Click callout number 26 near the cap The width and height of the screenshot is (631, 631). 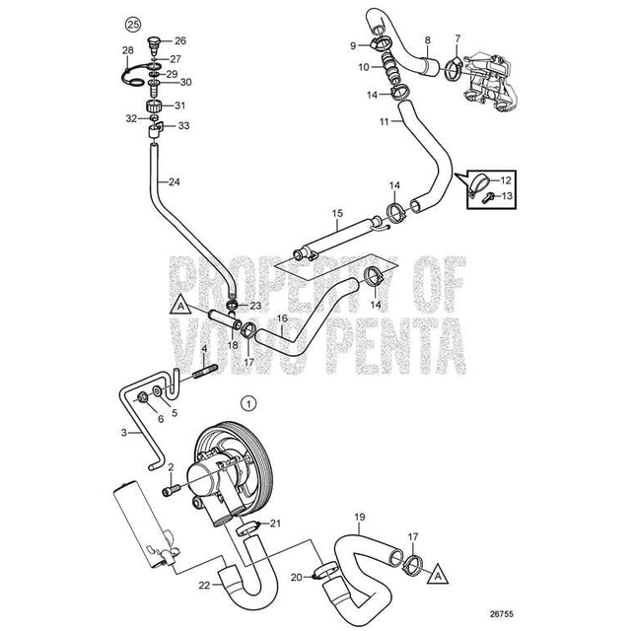click(179, 41)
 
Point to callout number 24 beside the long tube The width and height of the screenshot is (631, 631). click(174, 181)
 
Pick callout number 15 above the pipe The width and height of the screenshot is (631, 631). click(337, 213)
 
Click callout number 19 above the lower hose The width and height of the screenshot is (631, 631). click(360, 517)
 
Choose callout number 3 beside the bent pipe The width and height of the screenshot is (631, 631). click(124, 432)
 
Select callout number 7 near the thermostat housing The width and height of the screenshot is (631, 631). click(456, 38)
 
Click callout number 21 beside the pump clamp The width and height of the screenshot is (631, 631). click(276, 524)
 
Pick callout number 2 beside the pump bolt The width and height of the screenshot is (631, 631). click(170, 467)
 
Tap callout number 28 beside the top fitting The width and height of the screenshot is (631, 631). click(128, 49)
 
